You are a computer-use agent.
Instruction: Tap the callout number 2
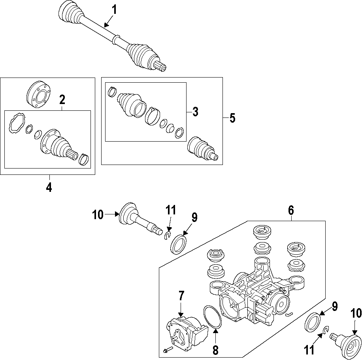(62, 100)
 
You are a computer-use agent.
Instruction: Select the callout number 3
(195, 112)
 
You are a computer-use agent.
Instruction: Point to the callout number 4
(49, 187)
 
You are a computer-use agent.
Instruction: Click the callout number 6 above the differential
(291, 210)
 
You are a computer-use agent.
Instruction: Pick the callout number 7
(181, 296)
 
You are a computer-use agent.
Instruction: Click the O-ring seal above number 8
(213, 316)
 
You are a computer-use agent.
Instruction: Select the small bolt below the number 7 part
(166, 350)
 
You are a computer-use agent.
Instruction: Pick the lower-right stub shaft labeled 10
(347, 341)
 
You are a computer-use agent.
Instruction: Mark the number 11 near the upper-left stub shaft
(170, 210)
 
